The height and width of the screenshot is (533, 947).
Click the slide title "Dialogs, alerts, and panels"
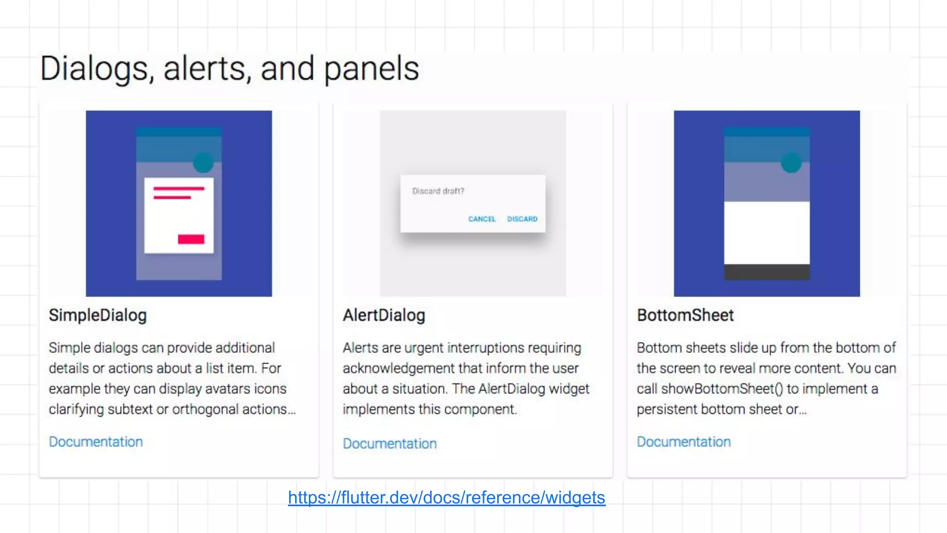tap(229, 68)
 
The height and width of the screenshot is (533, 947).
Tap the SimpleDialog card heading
tap(98, 315)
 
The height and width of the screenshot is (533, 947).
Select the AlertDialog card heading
tap(384, 315)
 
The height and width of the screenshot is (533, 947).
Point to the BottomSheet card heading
tap(685, 315)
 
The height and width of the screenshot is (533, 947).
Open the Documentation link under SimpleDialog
tap(96, 442)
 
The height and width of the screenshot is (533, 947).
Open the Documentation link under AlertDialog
tap(390, 444)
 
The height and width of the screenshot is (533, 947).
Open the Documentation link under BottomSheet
tap(683, 442)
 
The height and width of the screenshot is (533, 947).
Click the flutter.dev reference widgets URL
tap(447, 497)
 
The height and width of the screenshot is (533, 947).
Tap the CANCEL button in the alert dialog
tap(482, 219)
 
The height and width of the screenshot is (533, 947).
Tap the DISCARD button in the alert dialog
tap(523, 219)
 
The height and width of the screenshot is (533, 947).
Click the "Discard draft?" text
tap(438, 191)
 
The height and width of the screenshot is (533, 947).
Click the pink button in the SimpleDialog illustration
tap(191, 239)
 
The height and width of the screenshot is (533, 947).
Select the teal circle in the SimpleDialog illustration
tap(203, 162)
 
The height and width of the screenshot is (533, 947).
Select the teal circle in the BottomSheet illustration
tap(791, 162)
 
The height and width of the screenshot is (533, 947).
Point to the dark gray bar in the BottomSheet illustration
tap(767, 272)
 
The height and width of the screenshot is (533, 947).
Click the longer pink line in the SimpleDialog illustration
tap(179, 189)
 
